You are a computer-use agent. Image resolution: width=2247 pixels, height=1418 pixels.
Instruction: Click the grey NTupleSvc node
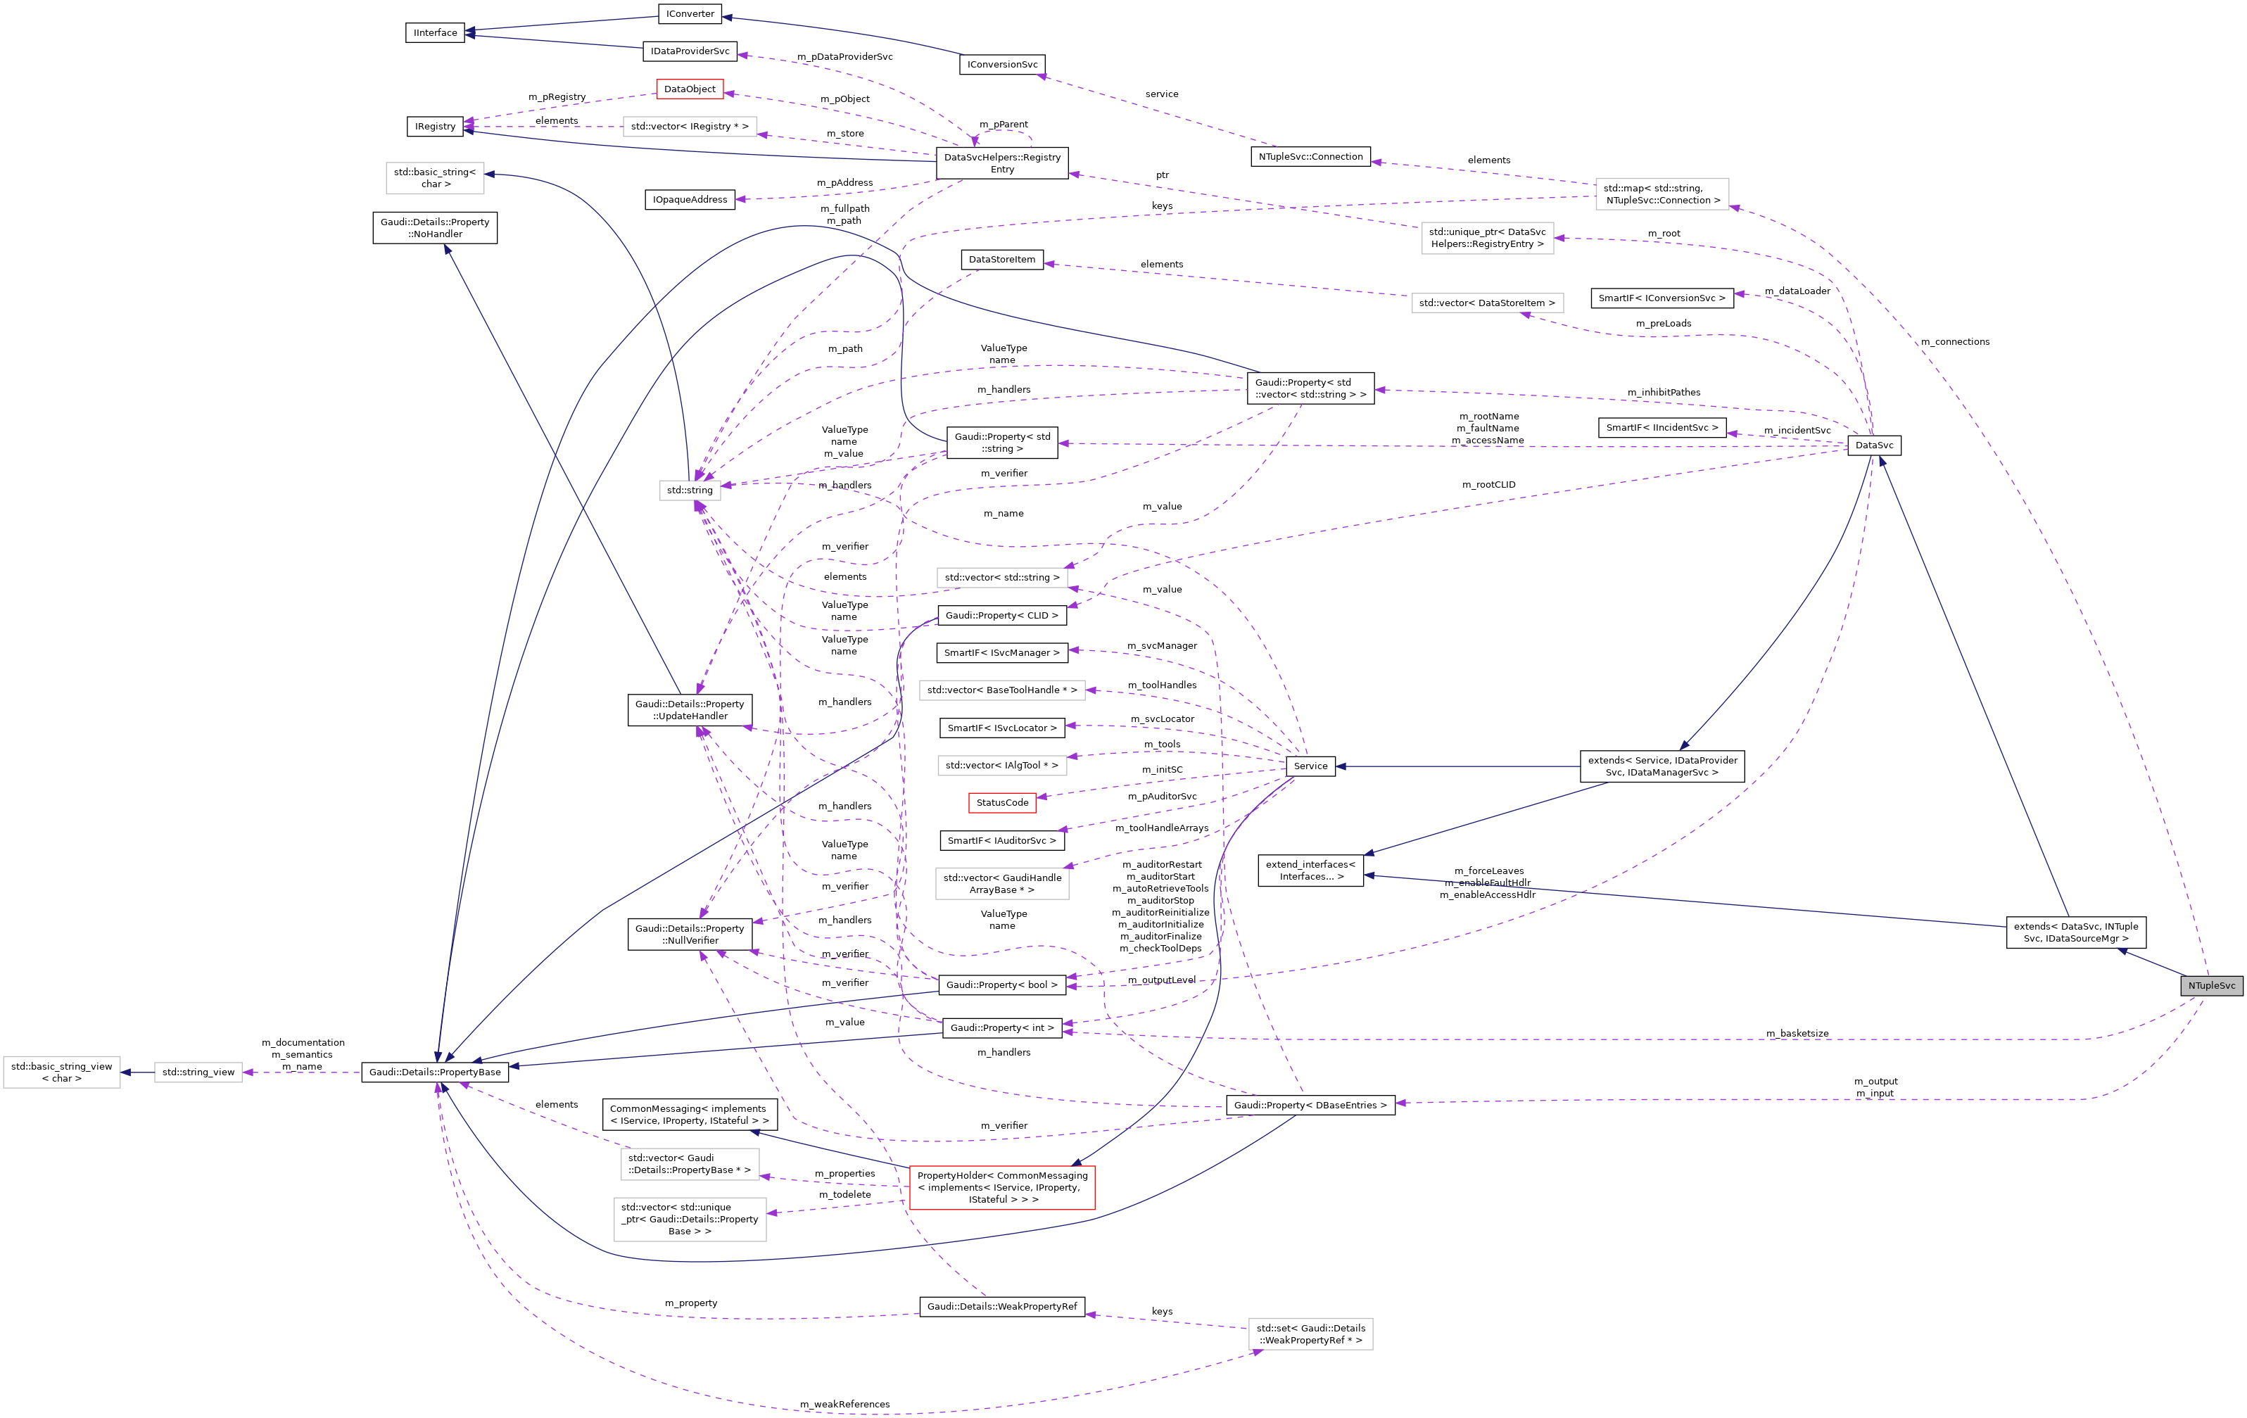click(x=2210, y=985)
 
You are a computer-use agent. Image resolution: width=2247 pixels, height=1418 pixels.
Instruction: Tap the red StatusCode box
click(x=1001, y=802)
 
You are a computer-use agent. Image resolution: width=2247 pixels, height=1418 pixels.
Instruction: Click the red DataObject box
click(x=690, y=89)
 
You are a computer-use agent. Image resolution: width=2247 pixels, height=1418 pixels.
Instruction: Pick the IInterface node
click(x=435, y=32)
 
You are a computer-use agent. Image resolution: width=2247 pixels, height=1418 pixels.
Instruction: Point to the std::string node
click(x=690, y=490)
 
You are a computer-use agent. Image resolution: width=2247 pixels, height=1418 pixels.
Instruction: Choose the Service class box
click(x=1310, y=766)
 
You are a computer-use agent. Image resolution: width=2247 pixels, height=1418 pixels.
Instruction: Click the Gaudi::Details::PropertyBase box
click(x=435, y=1072)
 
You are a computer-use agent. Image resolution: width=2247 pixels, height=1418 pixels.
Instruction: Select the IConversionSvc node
click(x=1002, y=64)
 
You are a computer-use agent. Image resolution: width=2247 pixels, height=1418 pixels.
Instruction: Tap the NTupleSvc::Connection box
click(x=1310, y=157)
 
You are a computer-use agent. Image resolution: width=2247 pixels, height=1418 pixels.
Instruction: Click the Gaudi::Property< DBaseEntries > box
click(x=1310, y=1105)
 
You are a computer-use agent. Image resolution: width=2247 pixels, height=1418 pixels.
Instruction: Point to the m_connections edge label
click(x=1955, y=341)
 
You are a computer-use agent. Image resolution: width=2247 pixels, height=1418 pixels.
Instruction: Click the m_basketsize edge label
click(x=1797, y=1033)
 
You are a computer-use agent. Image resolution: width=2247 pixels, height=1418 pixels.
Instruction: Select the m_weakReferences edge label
click(x=844, y=1404)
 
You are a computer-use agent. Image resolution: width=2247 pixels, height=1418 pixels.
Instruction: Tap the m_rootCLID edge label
click(x=1488, y=484)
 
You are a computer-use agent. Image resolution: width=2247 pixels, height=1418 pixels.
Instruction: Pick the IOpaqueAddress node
click(x=690, y=200)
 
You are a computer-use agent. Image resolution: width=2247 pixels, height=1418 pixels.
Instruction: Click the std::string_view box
click(x=198, y=1072)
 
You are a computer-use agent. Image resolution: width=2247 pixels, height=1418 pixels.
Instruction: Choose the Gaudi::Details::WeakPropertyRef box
click(x=1001, y=1306)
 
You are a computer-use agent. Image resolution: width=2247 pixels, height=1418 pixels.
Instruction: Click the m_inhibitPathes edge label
click(x=1664, y=392)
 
